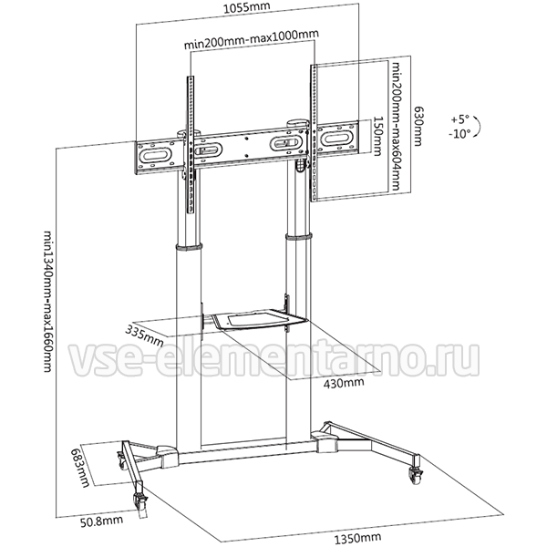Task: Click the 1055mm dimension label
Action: coord(246,7)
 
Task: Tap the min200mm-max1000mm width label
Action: coord(252,39)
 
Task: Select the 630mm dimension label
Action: coord(418,126)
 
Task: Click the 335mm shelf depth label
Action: coord(144,335)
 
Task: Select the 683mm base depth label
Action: coord(80,468)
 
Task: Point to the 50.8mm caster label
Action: coord(101,521)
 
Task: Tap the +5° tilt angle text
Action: coord(460,119)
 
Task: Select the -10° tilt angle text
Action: coord(459,134)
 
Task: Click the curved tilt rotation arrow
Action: coord(480,127)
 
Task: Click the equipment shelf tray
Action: coord(257,320)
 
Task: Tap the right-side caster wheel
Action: coord(415,474)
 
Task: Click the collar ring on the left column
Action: coord(189,247)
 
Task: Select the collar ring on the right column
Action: coord(299,236)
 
